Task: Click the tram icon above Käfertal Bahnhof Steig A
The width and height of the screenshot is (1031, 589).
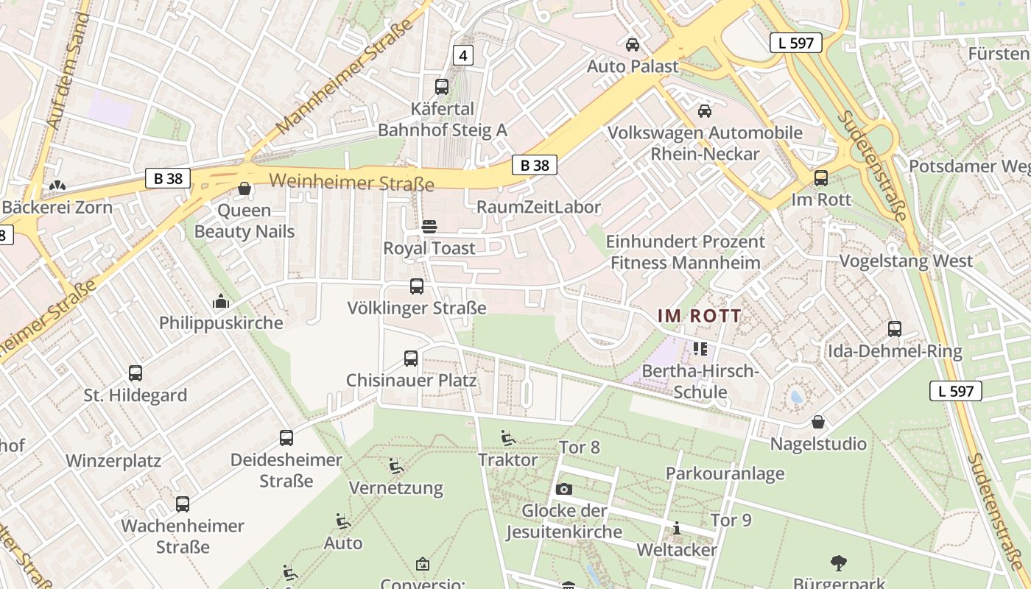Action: click(x=442, y=87)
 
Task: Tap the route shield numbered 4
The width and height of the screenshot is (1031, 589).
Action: click(x=462, y=55)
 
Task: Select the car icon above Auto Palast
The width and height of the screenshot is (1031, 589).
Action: click(x=632, y=45)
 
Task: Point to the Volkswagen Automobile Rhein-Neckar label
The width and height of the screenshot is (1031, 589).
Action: click(x=705, y=144)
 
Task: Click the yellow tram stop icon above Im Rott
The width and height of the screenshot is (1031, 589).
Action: click(x=820, y=178)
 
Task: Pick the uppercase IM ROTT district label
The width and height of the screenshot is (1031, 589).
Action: click(x=700, y=316)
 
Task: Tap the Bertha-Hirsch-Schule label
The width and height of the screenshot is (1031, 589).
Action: click(x=700, y=381)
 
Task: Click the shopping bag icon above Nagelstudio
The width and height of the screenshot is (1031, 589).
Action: click(x=817, y=422)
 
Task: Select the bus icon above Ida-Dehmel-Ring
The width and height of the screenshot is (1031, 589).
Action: click(x=895, y=329)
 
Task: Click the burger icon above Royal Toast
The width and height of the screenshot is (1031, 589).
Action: click(x=429, y=226)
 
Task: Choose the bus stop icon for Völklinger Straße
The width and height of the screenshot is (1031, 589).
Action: click(x=417, y=286)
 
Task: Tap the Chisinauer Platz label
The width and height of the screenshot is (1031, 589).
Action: click(x=411, y=381)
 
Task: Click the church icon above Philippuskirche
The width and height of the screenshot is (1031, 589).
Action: click(x=220, y=301)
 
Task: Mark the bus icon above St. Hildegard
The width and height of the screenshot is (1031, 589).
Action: click(x=136, y=373)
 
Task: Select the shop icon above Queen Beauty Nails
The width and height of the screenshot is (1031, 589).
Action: click(x=244, y=189)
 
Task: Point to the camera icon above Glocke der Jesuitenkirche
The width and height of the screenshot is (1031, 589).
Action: click(x=564, y=489)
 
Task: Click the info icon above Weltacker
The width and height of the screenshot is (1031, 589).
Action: click(x=676, y=528)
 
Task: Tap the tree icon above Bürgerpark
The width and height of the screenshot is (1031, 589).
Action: click(x=838, y=563)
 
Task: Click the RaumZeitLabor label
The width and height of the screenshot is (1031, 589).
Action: click(x=539, y=207)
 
